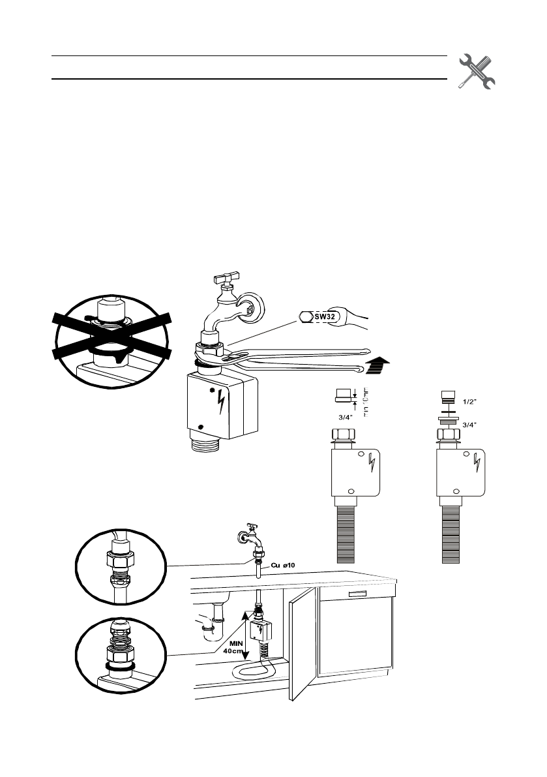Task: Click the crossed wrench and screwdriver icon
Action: tap(477, 70)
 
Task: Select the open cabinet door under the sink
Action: tap(303, 647)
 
